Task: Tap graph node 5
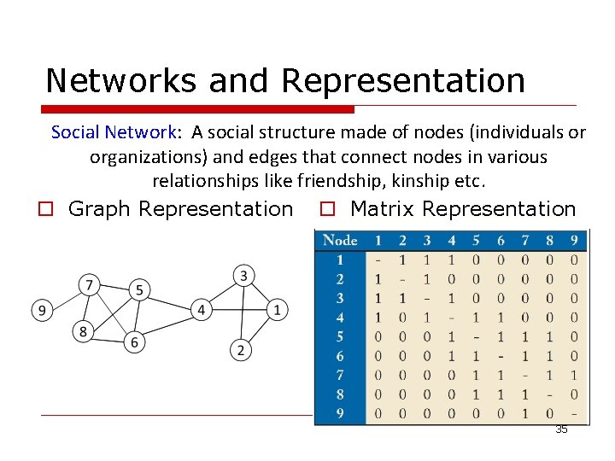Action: coord(139,289)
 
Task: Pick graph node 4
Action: coord(201,309)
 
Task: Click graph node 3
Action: coord(243,275)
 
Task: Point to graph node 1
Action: coord(277,309)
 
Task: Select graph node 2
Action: coord(240,349)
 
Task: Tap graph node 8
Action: coord(83,332)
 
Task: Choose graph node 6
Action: coord(133,342)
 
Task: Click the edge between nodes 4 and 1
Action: coord(239,309)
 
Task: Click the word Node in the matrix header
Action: coord(341,241)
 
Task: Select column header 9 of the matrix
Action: coord(574,241)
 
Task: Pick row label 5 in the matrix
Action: coord(341,337)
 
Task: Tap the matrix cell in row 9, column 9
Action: coord(574,413)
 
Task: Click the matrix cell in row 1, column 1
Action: coord(378,260)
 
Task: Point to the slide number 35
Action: coord(561,429)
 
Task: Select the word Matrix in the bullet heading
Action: coord(383,209)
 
